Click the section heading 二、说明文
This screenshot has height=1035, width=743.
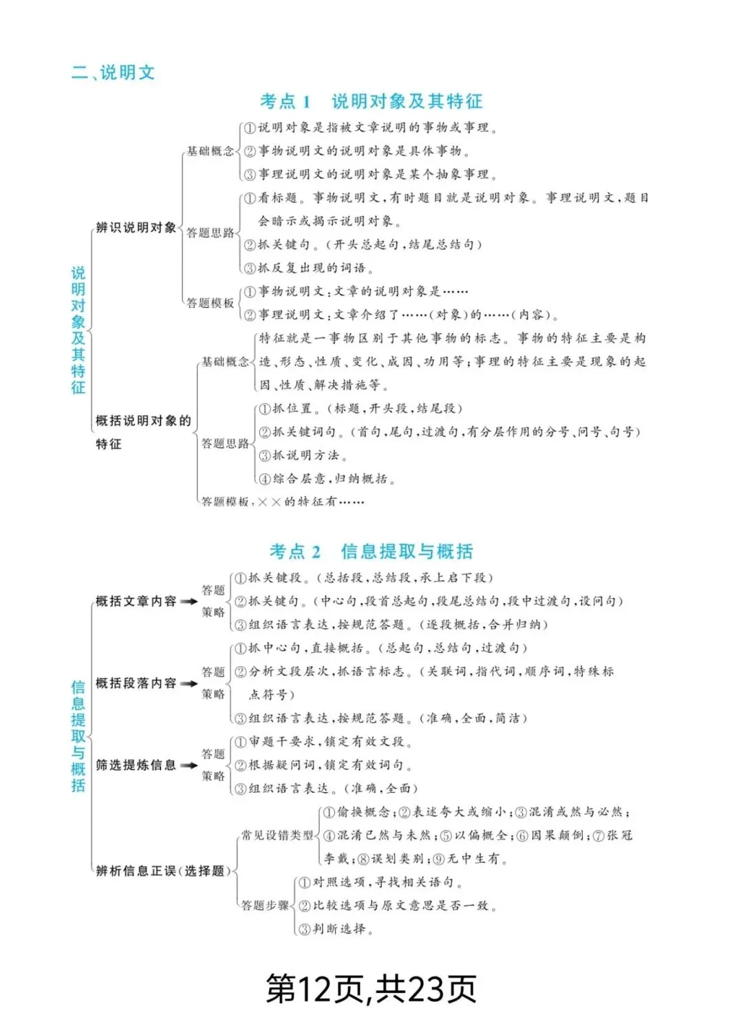coord(113,72)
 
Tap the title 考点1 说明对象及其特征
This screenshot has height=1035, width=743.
coord(371,102)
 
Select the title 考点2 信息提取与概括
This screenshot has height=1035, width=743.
coord(371,551)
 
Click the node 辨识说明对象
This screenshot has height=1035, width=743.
coord(136,228)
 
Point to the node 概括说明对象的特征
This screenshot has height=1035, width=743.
coord(142,431)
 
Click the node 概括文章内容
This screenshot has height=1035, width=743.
coord(136,601)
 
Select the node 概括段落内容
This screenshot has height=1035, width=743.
coord(136,683)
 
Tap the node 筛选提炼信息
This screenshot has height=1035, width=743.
coord(136,765)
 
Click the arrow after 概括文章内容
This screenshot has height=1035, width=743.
coord(189,601)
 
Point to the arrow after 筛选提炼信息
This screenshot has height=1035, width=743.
coord(189,765)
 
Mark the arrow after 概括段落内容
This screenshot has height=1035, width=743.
coord(189,683)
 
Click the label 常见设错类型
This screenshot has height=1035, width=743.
coord(277,835)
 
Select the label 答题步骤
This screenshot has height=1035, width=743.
coord(265,906)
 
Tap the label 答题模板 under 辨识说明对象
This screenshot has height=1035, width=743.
coord(211,303)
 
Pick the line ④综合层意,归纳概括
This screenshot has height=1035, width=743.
coord(327,479)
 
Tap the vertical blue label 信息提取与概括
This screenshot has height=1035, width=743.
coord(78,736)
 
